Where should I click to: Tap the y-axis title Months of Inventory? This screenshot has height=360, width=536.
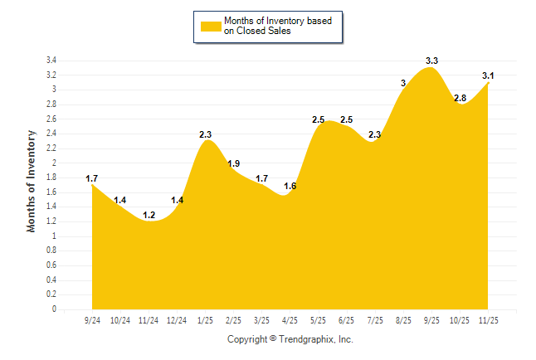coord(32,181)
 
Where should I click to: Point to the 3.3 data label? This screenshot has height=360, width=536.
coord(431,61)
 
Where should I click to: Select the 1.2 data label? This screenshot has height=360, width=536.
coord(149,215)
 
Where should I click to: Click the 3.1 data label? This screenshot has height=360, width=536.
coord(489,75)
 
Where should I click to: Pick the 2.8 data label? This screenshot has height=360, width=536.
coord(460,98)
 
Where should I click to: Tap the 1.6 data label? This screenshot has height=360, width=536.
coord(290,186)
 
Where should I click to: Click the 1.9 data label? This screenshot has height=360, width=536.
coord(234,163)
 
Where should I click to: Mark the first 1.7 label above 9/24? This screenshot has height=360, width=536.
coord(92,178)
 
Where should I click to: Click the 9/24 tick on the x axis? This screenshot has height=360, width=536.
coord(92,319)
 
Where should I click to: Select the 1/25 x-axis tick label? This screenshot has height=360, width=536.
coord(205,319)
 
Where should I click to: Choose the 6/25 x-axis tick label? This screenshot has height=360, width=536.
coord(347,319)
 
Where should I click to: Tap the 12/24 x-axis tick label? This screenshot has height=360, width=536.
coord(177,319)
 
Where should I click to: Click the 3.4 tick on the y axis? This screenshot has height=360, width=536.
coord(51,61)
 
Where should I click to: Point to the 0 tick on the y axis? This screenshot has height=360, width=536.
coord(54,309)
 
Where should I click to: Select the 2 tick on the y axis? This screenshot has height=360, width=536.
coord(54,163)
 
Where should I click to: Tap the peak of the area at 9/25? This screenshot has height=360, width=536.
coord(431,68)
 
